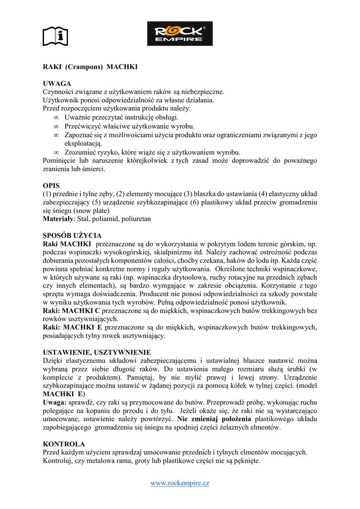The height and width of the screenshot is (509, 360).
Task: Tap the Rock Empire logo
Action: (x=180, y=34)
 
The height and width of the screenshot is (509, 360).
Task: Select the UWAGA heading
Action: (x=57, y=84)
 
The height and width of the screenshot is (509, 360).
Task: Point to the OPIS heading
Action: (x=51, y=185)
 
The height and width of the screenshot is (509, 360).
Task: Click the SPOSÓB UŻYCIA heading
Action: (x=72, y=235)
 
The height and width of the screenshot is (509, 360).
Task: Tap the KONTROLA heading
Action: (x=64, y=444)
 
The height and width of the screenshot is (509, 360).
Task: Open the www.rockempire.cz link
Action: (x=180, y=483)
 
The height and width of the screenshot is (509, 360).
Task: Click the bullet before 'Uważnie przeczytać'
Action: (x=56, y=118)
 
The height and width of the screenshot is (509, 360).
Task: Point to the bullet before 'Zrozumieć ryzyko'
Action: (x=56, y=152)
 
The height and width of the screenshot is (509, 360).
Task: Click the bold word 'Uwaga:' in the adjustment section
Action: (x=55, y=402)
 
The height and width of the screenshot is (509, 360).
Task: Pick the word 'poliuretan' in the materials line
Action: (x=135, y=219)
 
